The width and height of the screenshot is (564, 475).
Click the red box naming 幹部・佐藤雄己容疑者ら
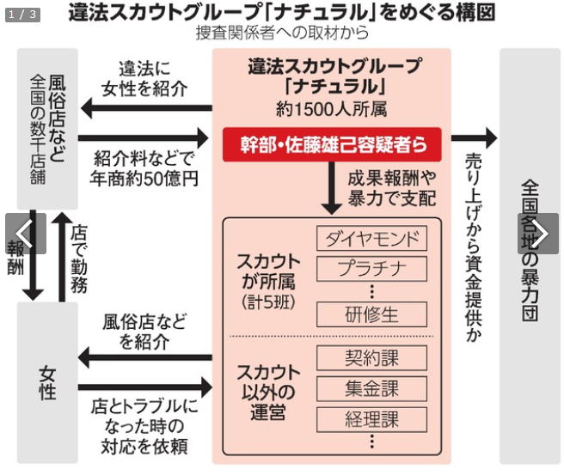point(332,144)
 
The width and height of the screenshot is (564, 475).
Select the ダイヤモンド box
point(371,238)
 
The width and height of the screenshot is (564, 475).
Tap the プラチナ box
point(371,269)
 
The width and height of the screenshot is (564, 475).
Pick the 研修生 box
point(371,314)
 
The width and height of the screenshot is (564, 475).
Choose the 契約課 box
point(371,358)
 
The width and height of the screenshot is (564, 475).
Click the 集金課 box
point(371,389)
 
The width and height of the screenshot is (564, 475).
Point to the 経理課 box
point(371,420)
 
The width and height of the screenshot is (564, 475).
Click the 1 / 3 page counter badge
point(22,15)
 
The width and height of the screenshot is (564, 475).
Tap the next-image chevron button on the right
point(538,234)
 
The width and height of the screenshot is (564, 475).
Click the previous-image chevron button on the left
point(26,234)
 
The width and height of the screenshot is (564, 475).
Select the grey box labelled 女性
point(47,382)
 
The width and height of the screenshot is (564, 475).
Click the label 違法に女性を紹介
point(144,79)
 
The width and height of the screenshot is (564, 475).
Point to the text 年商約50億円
point(144,179)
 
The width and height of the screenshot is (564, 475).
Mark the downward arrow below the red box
point(331,188)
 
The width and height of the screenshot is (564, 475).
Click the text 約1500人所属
point(331,109)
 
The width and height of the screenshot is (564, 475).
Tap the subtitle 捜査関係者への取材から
point(282,33)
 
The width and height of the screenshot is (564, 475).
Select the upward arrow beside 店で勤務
point(62,257)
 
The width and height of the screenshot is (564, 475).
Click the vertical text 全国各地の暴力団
point(530,251)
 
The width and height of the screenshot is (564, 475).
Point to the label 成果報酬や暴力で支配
point(392,188)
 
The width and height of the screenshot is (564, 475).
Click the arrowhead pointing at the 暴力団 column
point(491,138)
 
